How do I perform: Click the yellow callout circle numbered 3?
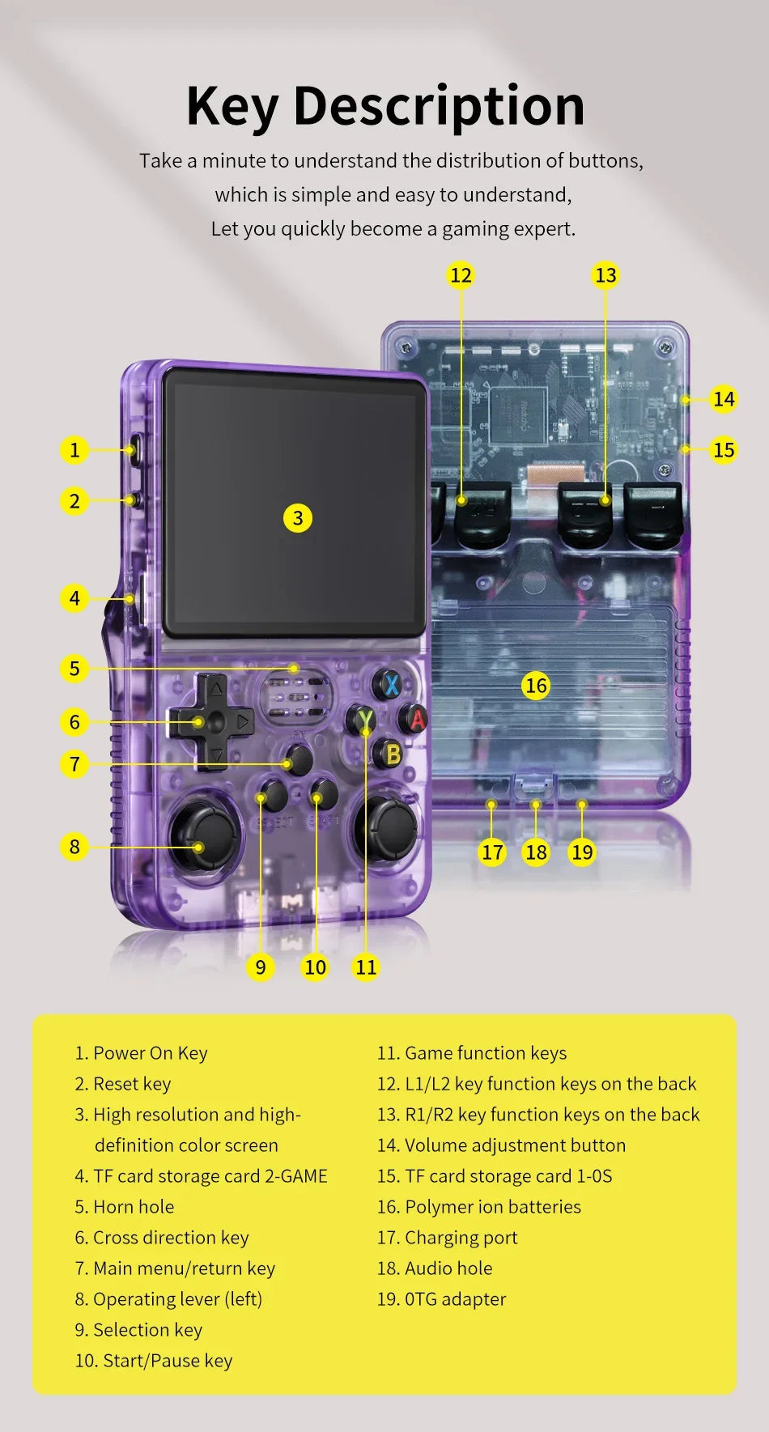298,518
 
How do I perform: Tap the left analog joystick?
202,834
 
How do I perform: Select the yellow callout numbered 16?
536,686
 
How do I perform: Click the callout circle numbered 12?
461,275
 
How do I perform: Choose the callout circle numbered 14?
724,399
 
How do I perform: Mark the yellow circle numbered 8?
74,847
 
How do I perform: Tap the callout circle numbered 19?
582,852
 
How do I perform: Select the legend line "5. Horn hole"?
125,1207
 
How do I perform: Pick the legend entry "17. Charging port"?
447,1238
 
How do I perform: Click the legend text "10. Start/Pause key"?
154,1361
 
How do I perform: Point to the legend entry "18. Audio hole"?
435,1268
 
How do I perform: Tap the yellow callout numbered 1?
74,449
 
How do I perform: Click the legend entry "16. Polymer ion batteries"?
479,1207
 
